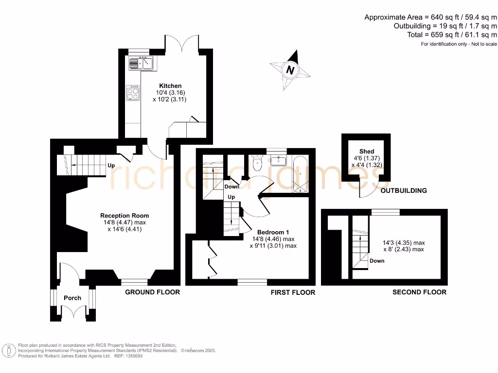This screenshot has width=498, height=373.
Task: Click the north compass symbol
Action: (290, 70)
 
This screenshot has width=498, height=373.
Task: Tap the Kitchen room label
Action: (170, 86)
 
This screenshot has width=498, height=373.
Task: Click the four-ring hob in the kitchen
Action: (133, 93)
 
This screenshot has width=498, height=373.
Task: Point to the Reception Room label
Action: (124, 216)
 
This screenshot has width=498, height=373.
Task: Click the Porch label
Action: (73, 298)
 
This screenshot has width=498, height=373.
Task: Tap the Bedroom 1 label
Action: (273, 232)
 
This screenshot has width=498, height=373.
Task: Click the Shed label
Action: (367, 152)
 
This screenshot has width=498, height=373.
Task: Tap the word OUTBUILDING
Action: (404, 190)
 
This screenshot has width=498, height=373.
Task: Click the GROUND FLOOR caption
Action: (152, 292)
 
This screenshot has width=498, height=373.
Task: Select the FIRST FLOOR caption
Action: (293, 292)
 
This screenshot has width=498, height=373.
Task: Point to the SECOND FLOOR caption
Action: (420, 292)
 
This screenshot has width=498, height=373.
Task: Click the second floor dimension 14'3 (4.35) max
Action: (404, 242)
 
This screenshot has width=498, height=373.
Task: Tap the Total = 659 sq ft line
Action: (452, 35)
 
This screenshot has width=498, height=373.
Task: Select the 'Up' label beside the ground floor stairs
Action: (111, 166)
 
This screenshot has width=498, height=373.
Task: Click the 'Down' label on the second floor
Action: (377, 261)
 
